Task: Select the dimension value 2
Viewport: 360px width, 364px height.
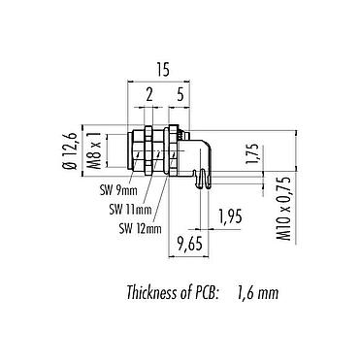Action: [147, 94]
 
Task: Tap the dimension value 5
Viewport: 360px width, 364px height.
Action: [182, 94]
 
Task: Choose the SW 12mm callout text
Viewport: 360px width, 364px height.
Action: [138, 229]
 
